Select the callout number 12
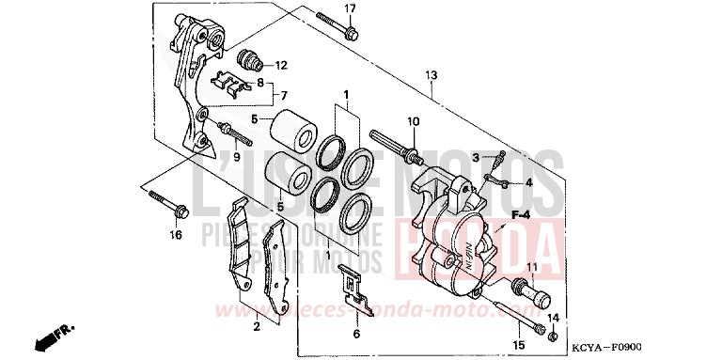(x=281, y=65)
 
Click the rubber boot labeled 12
(x=249, y=58)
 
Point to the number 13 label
(x=432, y=74)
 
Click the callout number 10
(x=412, y=122)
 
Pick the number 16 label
(x=175, y=235)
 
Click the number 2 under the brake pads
(x=255, y=327)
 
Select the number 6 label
(x=356, y=333)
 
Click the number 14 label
(x=554, y=320)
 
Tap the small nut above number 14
(x=554, y=336)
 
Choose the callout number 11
(x=531, y=268)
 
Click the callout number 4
(x=528, y=182)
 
